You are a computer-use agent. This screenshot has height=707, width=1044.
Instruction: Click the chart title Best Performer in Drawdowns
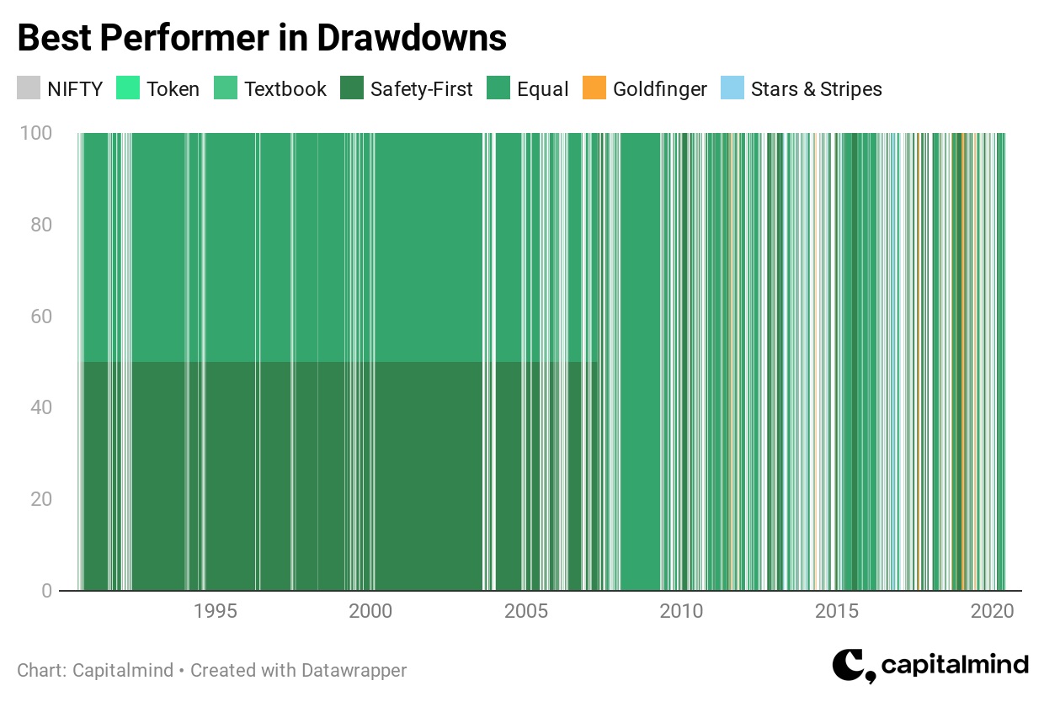(x=262, y=38)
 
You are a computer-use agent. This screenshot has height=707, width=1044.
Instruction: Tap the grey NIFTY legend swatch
(x=29, y=88)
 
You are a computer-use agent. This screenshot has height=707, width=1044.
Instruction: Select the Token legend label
(x=173, y=88)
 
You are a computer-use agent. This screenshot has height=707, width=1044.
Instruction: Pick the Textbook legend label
(x=285, y=88)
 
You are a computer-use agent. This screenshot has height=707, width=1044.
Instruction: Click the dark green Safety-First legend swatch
(x=352, y=88)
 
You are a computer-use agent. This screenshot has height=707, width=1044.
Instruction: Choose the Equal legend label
(x=542, y=89)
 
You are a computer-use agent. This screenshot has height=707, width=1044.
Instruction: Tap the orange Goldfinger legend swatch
(x=594, y=88)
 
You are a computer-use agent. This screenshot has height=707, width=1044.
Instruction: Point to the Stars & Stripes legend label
(x=816, y=89)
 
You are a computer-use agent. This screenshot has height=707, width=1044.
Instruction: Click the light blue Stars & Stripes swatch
(x=732, y=88)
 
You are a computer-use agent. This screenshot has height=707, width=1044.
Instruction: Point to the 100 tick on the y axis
(x=36, y=133)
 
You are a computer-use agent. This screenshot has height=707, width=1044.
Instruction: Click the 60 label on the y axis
(x=41, y=316)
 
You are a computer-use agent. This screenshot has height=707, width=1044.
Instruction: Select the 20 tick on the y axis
(x=41, y=499)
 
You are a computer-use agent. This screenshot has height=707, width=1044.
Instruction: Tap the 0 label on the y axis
(x=46, y=591)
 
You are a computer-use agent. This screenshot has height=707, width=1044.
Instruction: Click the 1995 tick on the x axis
(x=216, y=611)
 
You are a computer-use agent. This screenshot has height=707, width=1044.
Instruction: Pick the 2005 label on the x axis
(x=526, y=611)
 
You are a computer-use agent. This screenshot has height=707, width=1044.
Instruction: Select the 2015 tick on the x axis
(x=837, y=611)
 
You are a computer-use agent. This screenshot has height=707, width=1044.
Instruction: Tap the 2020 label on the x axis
(x=993, y=611)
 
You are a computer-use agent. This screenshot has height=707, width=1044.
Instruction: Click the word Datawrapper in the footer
(x=354, y=671)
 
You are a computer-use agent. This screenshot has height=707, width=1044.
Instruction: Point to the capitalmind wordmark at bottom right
(x=955, y=665)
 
